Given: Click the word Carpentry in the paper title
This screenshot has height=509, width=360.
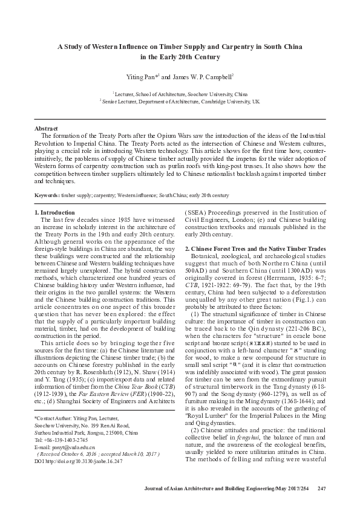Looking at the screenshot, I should point(236,47).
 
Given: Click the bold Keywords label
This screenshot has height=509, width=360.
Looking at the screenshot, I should point(46,195).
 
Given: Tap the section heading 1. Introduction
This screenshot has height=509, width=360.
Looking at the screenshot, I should point(54,213).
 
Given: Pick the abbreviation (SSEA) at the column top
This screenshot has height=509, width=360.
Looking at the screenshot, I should point(195,213).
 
